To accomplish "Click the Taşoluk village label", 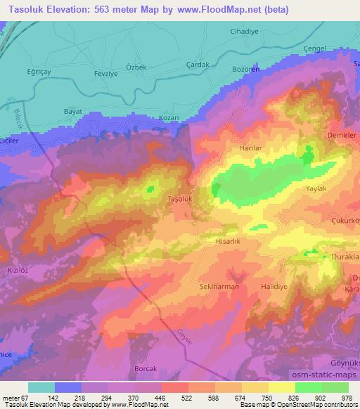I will (180, 198).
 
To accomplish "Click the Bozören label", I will (246, 70).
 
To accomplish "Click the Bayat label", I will (73, 112).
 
